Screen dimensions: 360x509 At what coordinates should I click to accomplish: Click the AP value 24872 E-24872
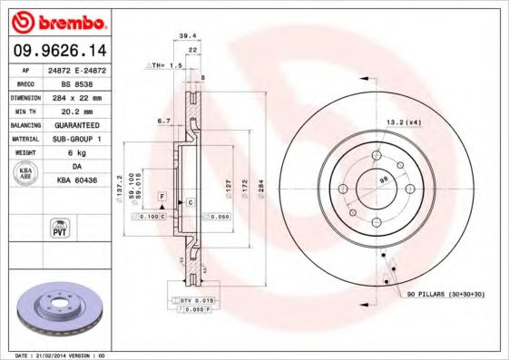tap(83, 70)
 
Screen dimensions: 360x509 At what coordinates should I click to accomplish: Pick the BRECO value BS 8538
tap(83, 83)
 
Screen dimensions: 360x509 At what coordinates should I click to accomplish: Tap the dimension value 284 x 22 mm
tap(83, 97)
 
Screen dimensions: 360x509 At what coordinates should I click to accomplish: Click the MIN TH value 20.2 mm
tap(83, 111)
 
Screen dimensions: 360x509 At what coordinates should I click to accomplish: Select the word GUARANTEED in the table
tap(83, 125)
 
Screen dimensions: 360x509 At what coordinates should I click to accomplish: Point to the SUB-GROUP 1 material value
tap(83, 139)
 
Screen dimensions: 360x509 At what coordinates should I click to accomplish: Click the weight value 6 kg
tap(83, 152)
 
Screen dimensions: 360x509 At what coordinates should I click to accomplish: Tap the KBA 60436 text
tap(83, 181)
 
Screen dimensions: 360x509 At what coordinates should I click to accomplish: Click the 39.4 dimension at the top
tap(188, 36)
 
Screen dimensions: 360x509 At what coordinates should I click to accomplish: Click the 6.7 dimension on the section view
tap(164, 120)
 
